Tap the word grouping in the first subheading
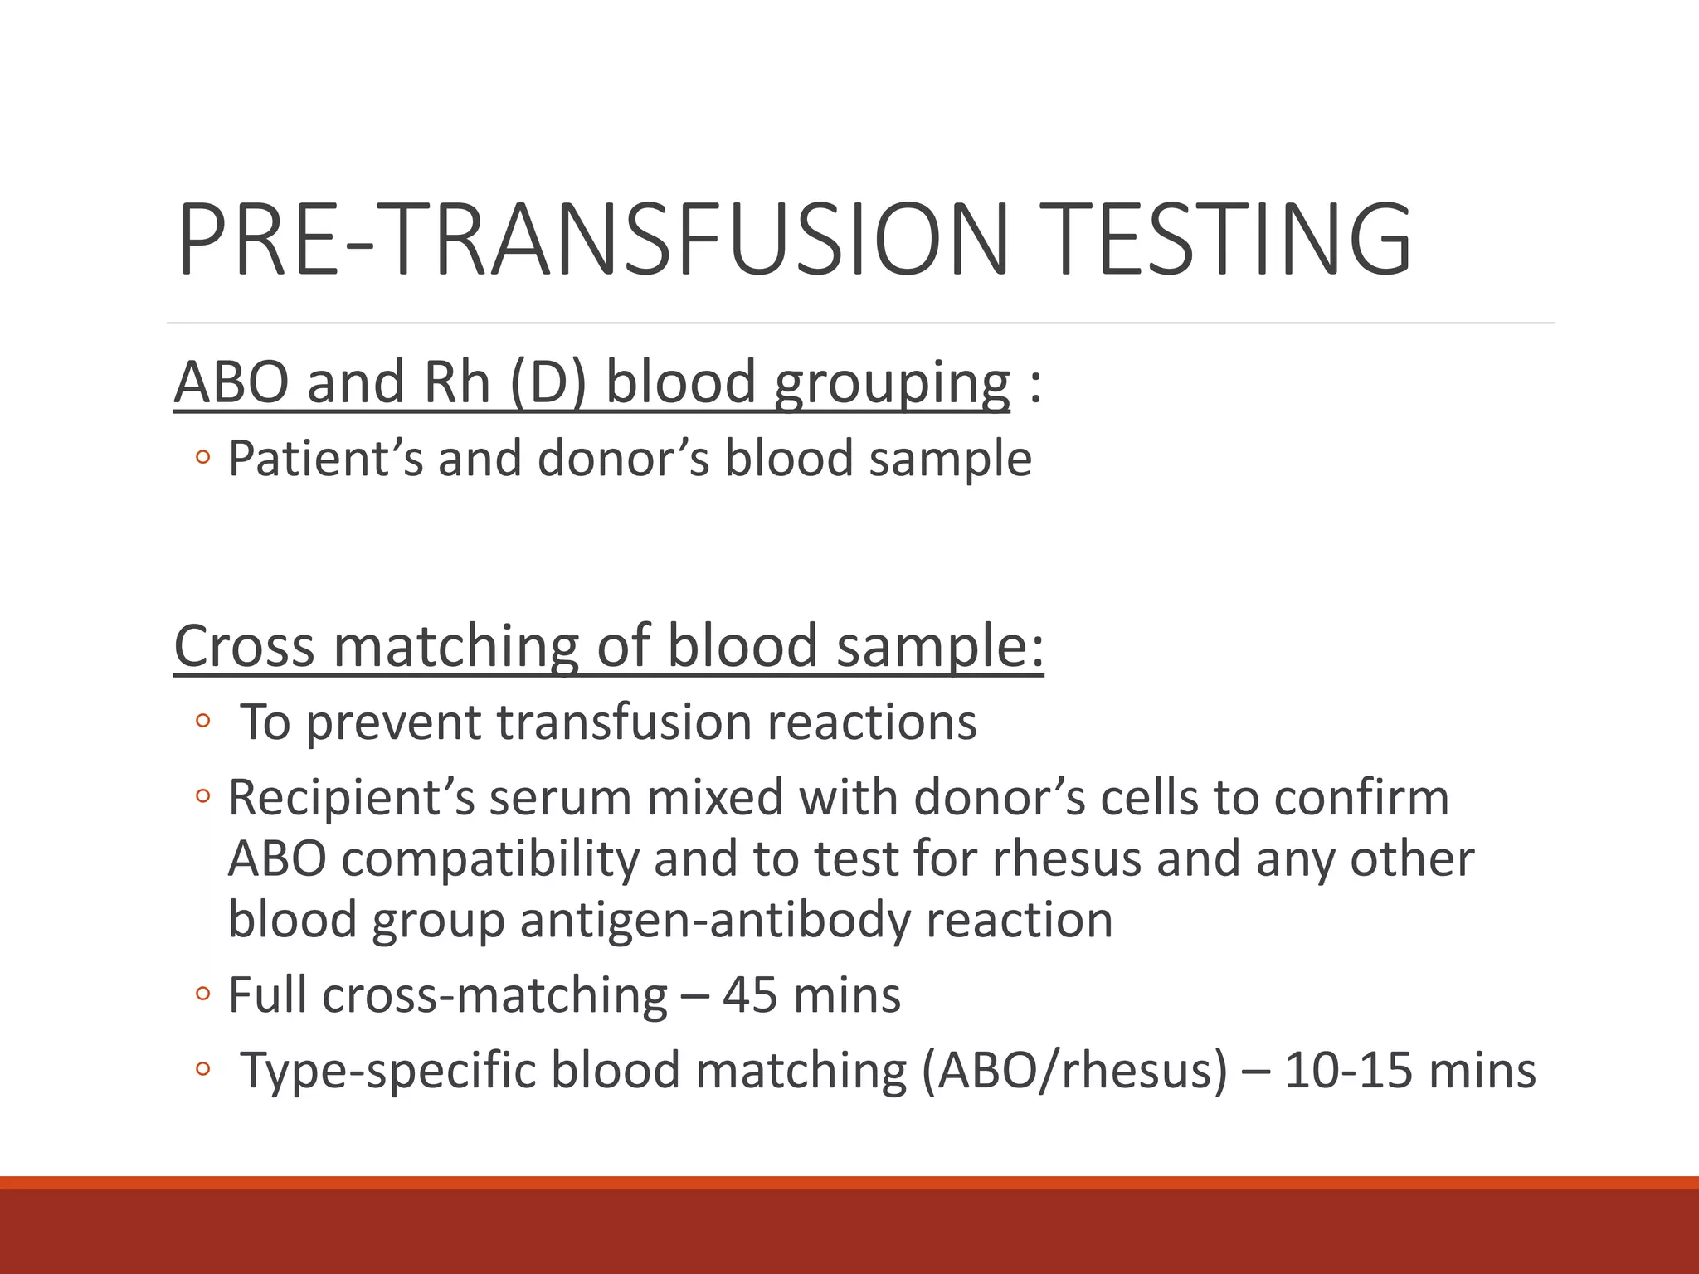click(x=892, y=383)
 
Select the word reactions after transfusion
click(x=871, y=722)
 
